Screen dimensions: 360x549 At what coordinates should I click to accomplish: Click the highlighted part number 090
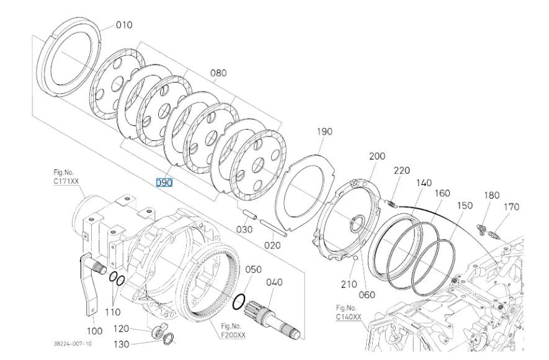point(164,182)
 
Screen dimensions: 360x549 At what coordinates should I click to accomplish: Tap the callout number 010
point(124,26)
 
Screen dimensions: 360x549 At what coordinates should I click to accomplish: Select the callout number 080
point(218,73)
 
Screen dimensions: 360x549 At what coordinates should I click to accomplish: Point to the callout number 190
point(324,132)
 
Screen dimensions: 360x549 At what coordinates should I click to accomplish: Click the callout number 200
point(377,156)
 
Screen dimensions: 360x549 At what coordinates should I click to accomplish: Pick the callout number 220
point(402,169)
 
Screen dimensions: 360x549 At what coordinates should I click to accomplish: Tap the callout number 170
point(511,207)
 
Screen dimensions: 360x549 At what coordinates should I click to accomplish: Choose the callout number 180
point(491,196)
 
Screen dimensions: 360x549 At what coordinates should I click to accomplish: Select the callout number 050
point(253,269)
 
